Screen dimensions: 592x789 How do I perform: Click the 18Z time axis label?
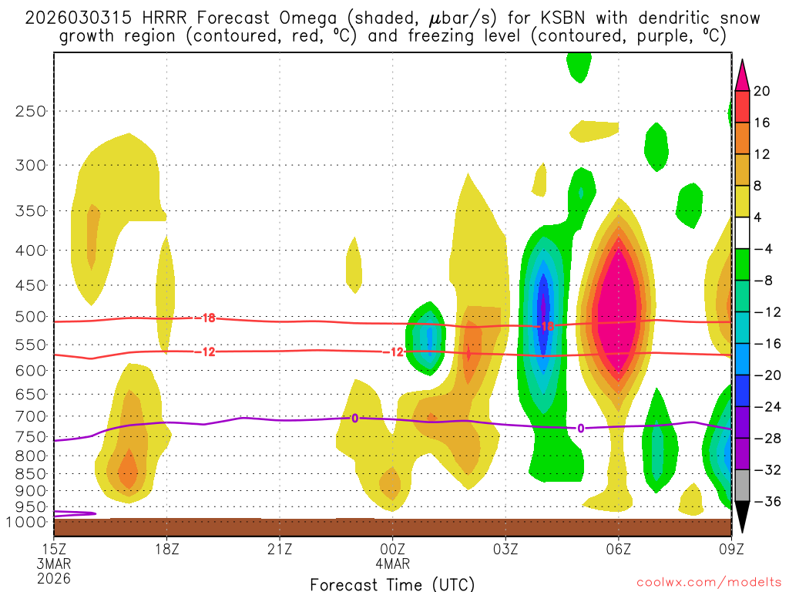(x=167, y=549)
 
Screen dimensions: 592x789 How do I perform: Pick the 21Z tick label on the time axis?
(x=280, y=549)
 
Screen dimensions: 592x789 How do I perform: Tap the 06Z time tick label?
(x=619, y=549)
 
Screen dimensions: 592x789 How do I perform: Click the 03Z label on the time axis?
(x=505, y=549)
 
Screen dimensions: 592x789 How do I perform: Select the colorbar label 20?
(x=762, y=91)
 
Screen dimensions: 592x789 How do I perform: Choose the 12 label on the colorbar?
(x=762, y=154)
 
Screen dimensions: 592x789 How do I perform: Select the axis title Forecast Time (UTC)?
(x=392, y=584)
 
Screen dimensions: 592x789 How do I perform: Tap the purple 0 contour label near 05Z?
(x=580, y=429)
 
